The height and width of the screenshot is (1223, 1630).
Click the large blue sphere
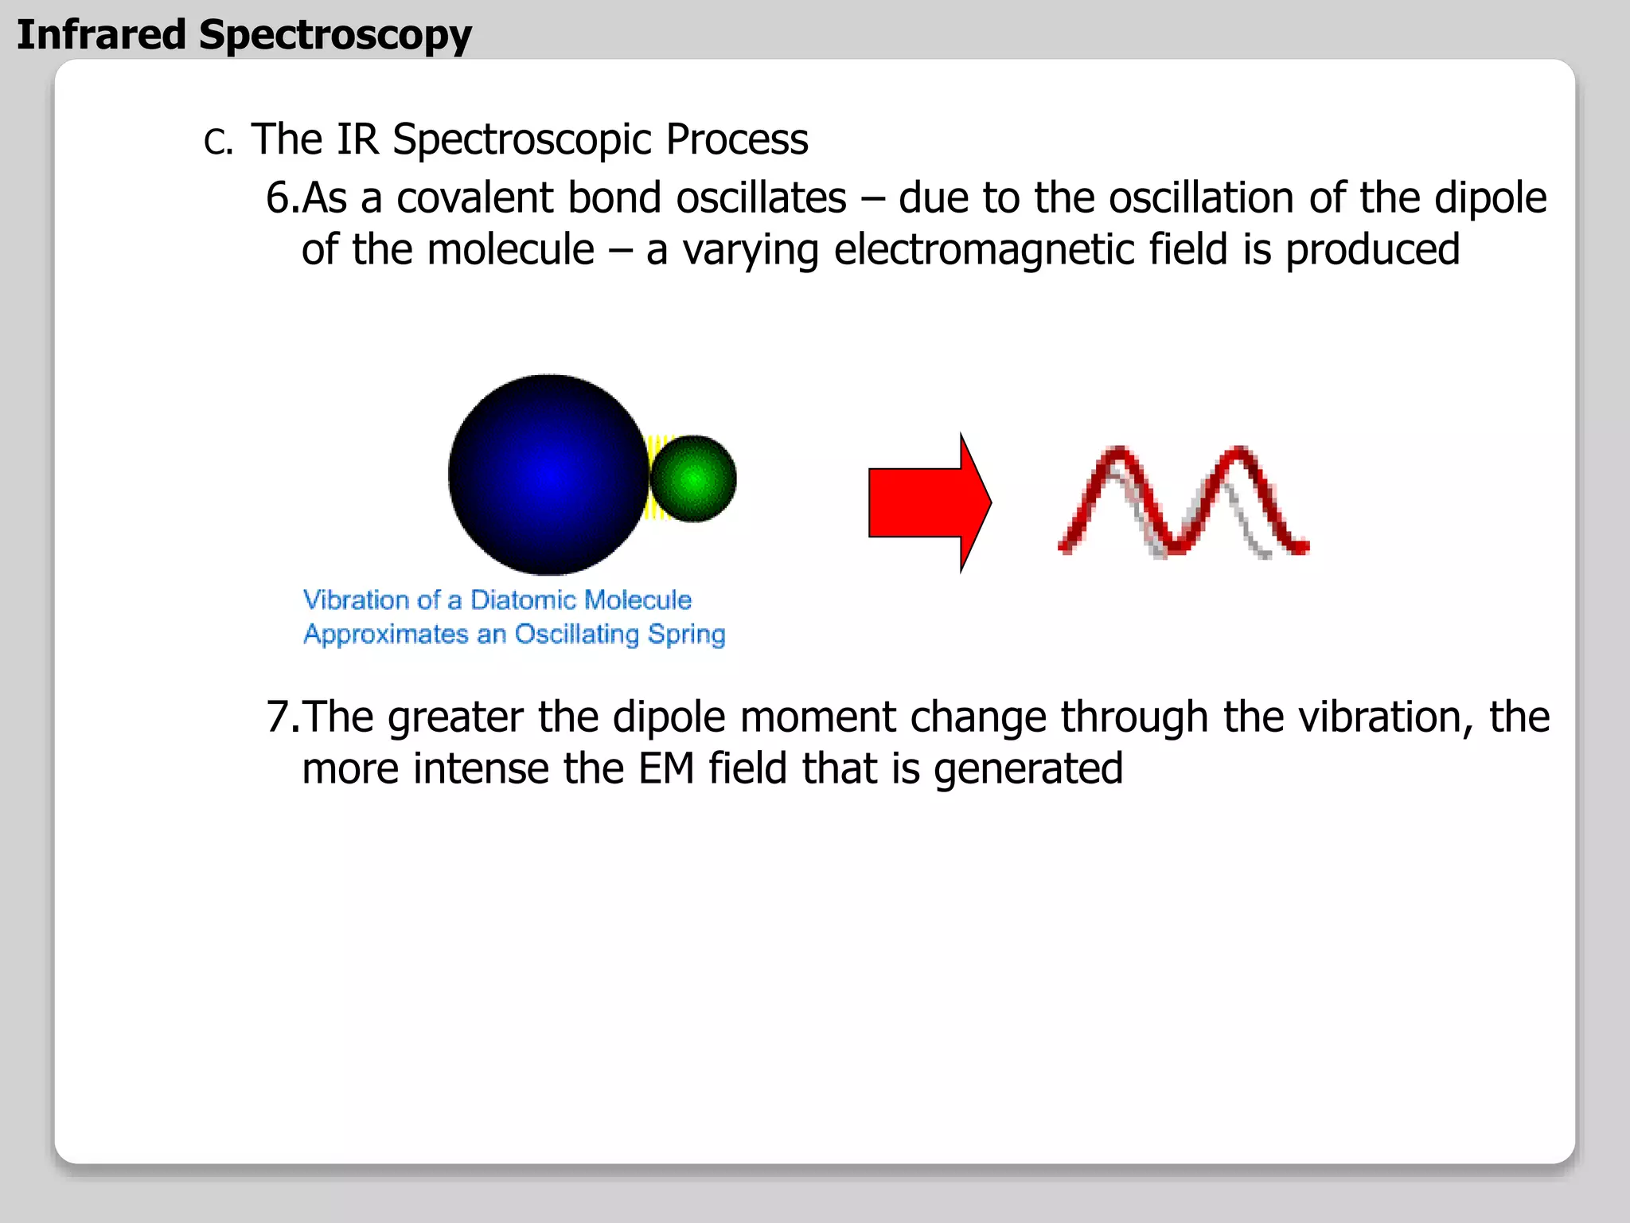click(x=548, y=475)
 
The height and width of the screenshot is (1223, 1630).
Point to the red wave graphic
click(x=1183, y=502)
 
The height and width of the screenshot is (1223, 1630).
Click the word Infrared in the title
click(x=101, y=35)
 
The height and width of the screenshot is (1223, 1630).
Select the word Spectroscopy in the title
click(x=335, y=37)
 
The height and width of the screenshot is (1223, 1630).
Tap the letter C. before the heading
click(x=217, y=143)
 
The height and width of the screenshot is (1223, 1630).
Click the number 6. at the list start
click(x=282, y=197)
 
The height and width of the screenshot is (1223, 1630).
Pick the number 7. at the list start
click(x=282, y=717)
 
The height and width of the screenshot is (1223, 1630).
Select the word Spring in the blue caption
click(x=686, y=635)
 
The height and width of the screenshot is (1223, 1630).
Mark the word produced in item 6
click(x=1372, y=250)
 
